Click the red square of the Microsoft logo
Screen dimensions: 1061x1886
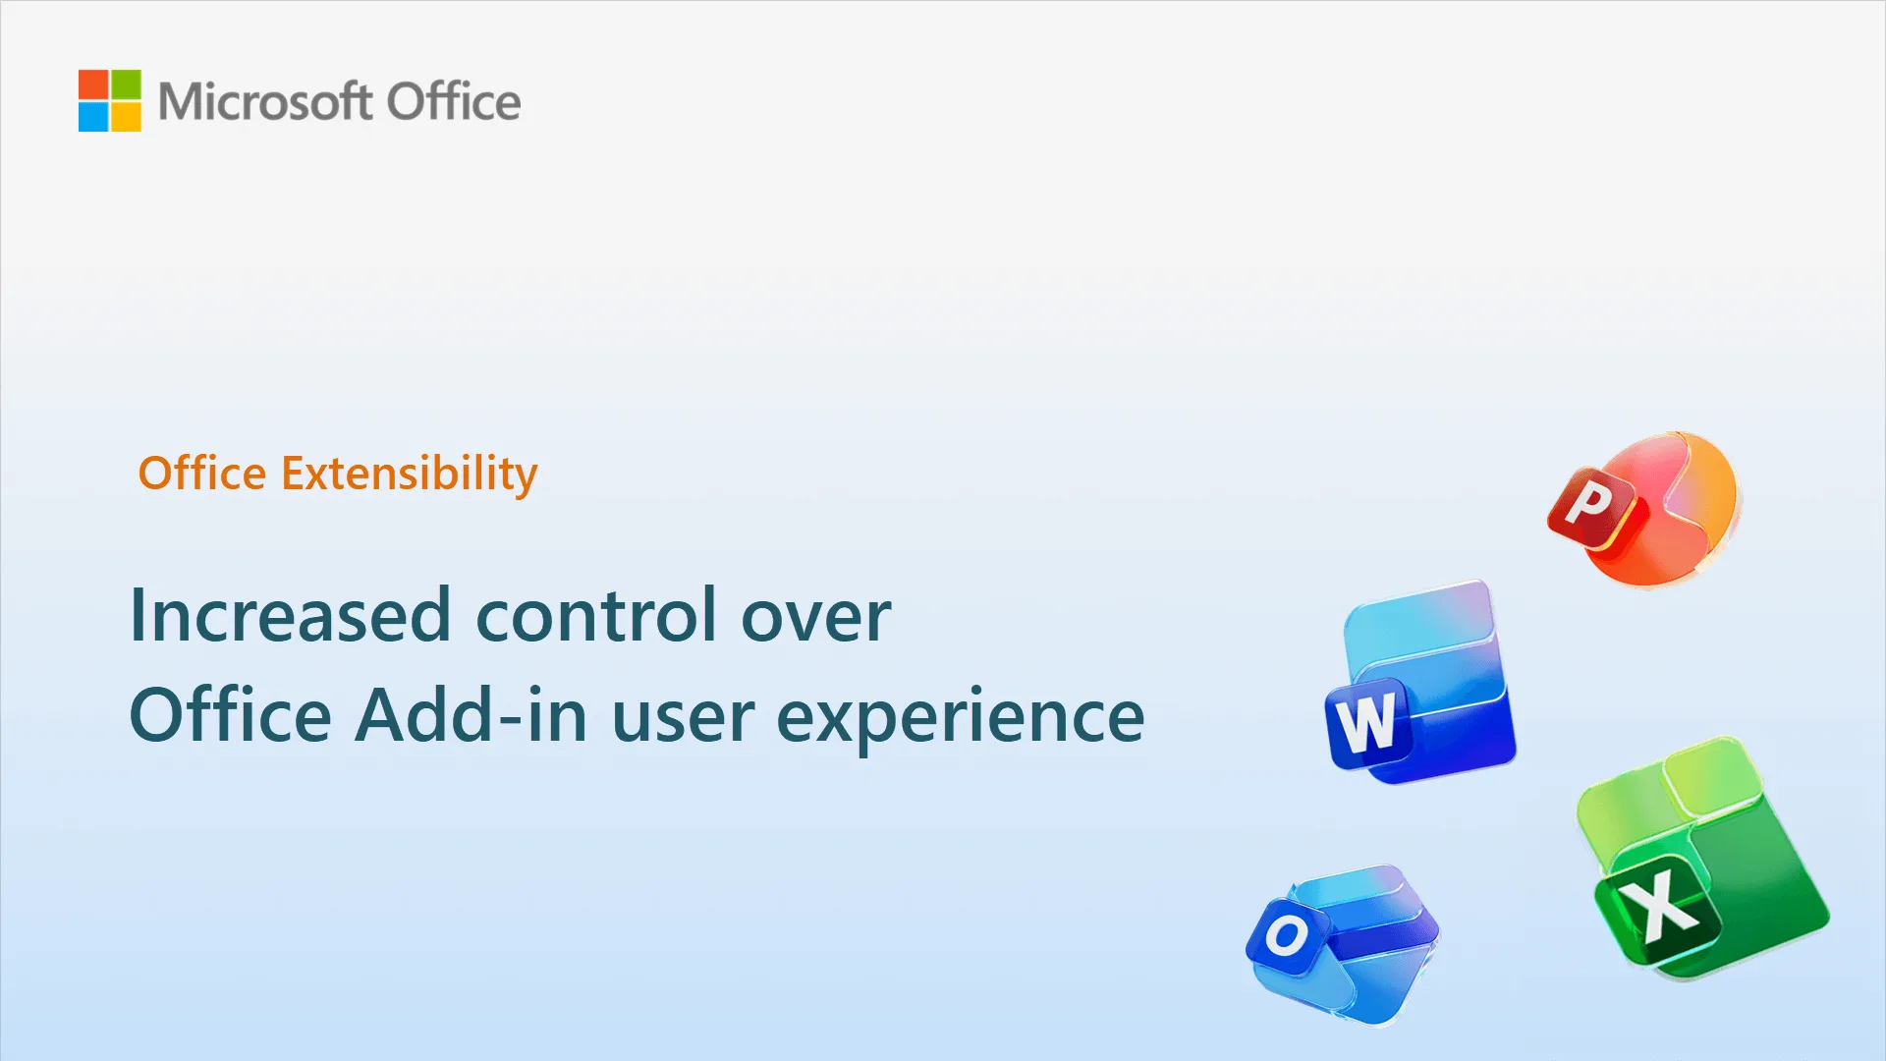click(93, 84)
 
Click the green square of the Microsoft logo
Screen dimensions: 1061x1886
click(126, 84)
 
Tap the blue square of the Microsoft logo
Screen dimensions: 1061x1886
click(93, 117)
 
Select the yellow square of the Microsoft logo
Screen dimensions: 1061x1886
click(126, 117)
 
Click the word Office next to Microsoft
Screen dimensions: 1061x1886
click(453, 101)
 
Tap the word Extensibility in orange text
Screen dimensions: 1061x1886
click(410, 474)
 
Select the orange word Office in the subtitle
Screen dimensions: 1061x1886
click(202, 474)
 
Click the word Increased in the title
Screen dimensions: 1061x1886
click(290, 616)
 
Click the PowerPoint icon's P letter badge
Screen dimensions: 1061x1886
click(1590, 506)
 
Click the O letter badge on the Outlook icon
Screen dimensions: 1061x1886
click(1286, 935)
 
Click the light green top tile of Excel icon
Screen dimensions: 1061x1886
click(1709, 776)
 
